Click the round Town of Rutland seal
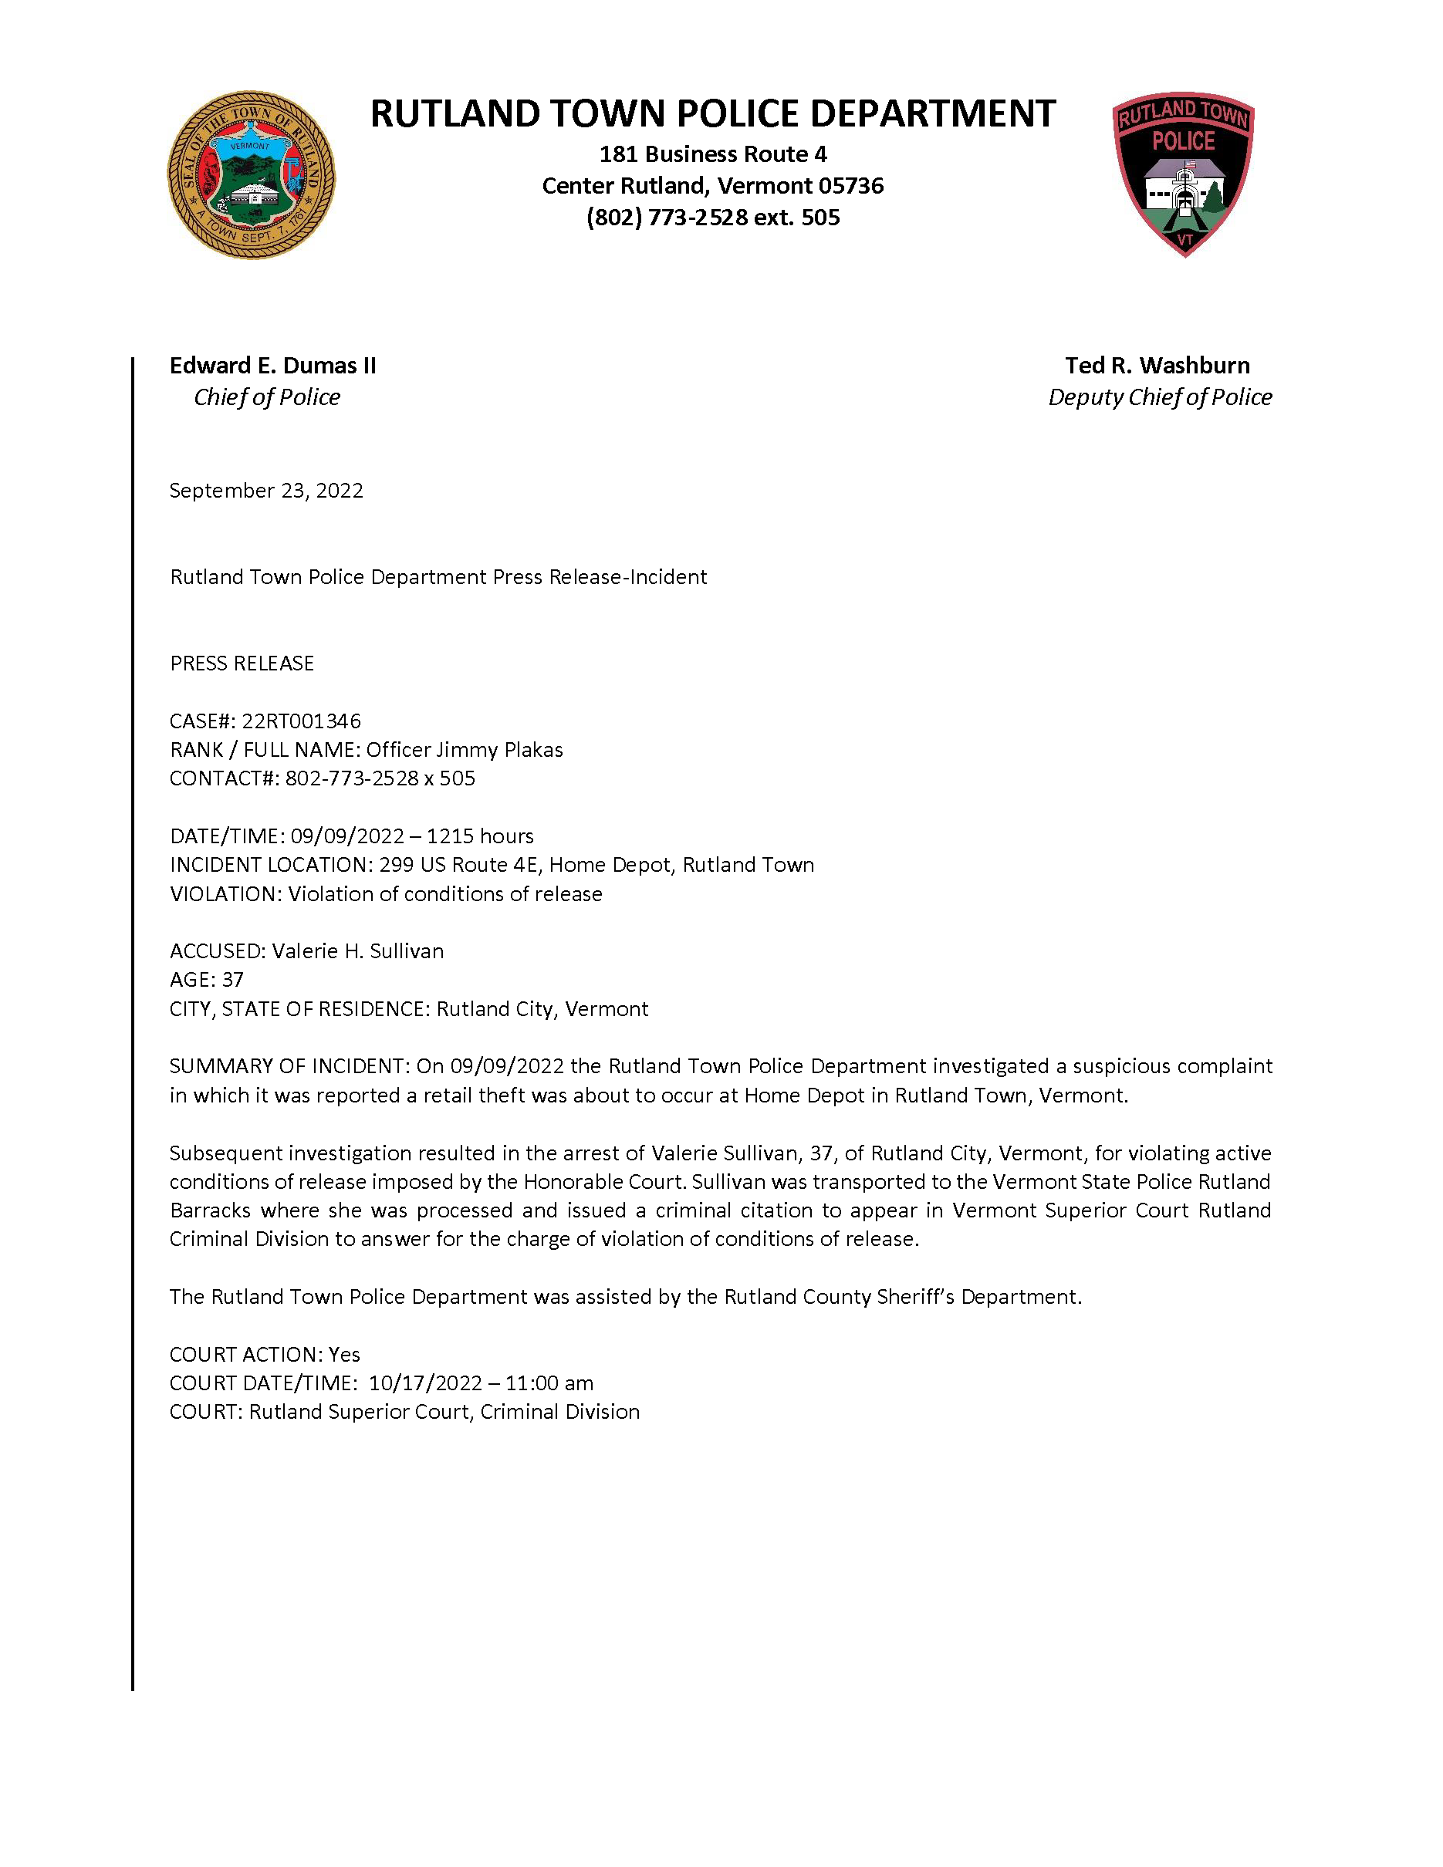coord(251,175)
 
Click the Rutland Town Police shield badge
coord(1183,174)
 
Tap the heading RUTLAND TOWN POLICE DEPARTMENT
coord(712,114)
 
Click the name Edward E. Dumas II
coord(272,366)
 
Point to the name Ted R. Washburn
coord(1157,366)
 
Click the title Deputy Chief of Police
coord(1159,397)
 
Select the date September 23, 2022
coord(266,491)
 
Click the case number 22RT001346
coord(301,721)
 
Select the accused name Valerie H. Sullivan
coord(357,951)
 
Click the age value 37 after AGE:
coord(232,980)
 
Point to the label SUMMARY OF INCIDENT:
coord(290,1066)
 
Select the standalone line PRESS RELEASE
coord(242,663)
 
